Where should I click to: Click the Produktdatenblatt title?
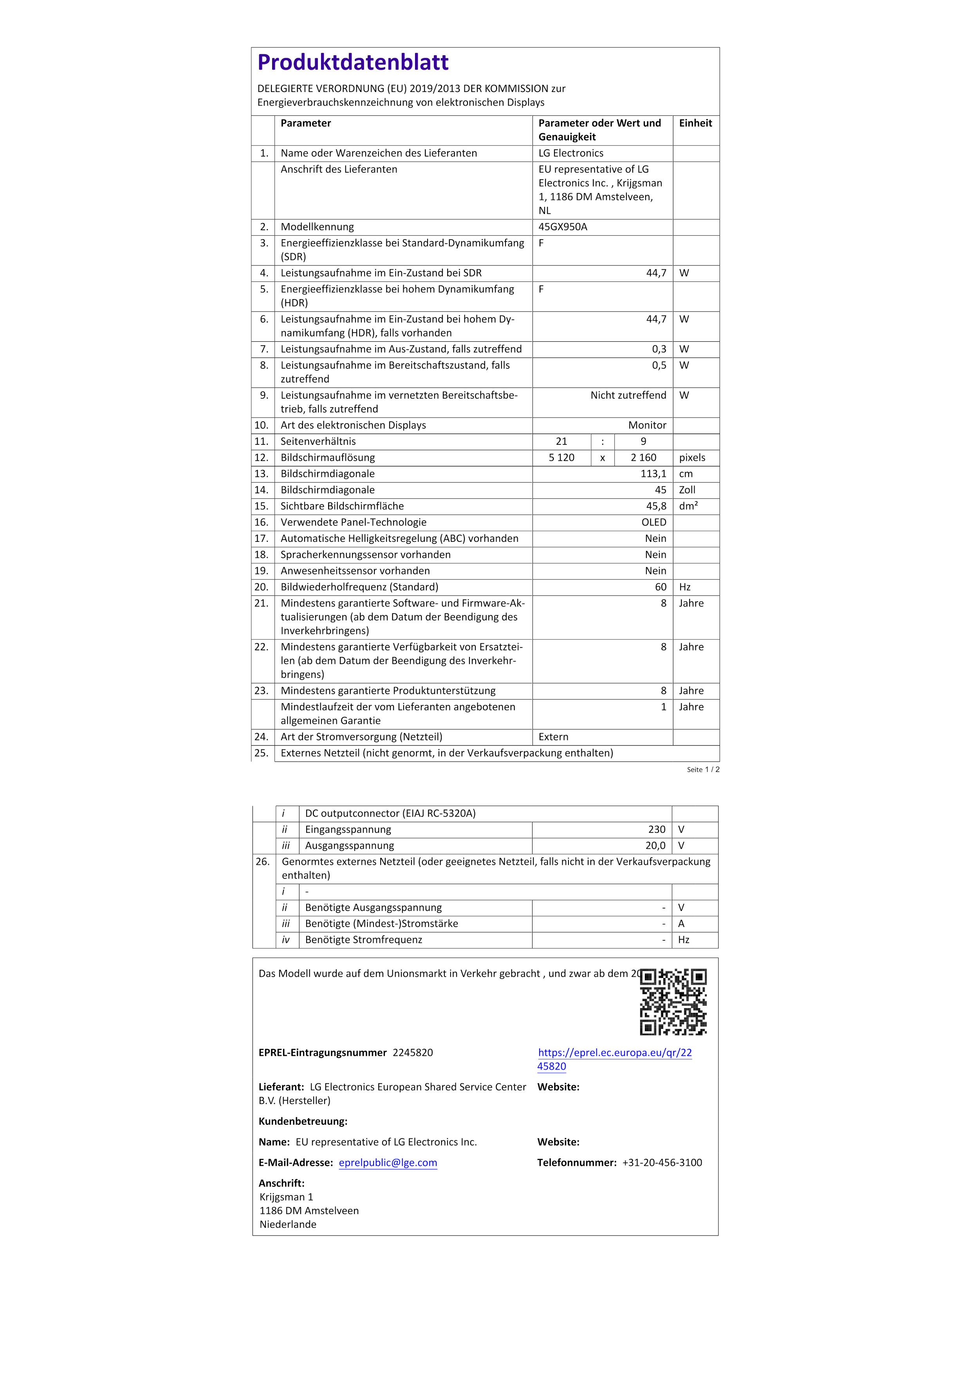pos(353,62)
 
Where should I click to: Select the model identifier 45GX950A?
pos(563,227)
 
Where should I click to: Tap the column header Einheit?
pos(695,123)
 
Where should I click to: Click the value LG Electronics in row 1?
pos(570,153)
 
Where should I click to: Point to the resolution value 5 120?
pos(561,457)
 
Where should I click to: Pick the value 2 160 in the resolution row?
pos(643,457)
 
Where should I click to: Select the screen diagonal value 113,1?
pos(653,474)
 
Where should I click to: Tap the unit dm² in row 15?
pos(688,506)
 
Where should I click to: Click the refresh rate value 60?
pos(660,586)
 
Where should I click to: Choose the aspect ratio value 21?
pos(561,441)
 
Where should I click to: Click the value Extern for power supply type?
pos(553,737)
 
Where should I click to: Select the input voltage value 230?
pos(657,830)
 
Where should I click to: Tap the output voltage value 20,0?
pos(655,846)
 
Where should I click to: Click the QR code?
pos(673,1001)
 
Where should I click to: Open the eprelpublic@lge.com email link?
pos(388,1162)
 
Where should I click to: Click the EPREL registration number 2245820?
pos(413,1052)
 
